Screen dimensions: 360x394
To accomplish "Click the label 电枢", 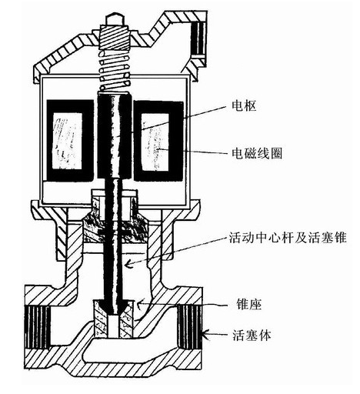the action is pos(244,105).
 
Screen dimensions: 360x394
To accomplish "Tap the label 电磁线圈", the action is pos(257,153).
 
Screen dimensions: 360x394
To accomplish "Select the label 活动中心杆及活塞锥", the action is pos(288,238).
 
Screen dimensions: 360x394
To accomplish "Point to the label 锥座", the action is pos(248,305).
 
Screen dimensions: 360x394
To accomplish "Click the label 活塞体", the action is pos(252,335).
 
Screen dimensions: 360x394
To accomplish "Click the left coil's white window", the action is pos(68,141).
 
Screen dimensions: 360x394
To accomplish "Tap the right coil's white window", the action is pos(155,142).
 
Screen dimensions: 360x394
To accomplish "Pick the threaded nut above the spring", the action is pos(114,37).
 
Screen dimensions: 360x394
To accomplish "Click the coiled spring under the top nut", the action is pos(114,70).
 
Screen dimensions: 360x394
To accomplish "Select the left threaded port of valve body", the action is pos(37,327).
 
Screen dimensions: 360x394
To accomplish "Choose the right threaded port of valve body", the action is pos(190,326).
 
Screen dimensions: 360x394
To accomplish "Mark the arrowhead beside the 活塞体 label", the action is pos(205,334).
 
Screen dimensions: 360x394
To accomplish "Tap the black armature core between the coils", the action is pos(115,135).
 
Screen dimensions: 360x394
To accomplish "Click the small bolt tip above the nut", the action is pos(114,20).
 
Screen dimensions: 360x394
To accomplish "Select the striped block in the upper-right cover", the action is pos(198,40).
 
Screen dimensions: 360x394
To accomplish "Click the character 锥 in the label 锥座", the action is pos(242,305).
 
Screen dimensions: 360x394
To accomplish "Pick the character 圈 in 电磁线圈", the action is pos(276,153).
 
